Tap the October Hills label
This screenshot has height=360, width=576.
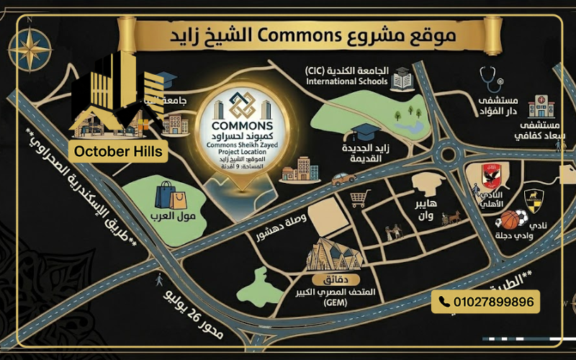[118, 152]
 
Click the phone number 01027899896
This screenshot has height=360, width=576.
[486, 302]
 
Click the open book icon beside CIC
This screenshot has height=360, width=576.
[401, 78]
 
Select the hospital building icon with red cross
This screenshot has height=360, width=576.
[541, 106]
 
